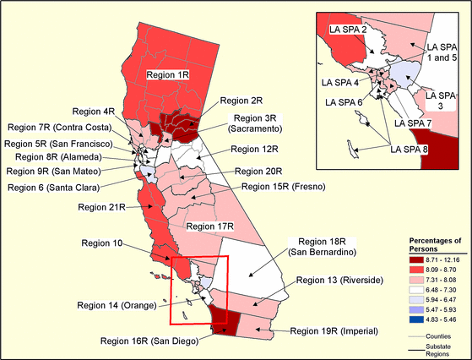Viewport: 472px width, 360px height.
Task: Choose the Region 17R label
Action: tap(209, 226)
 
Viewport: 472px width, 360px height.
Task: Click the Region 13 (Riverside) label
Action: tap(339, 280)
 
